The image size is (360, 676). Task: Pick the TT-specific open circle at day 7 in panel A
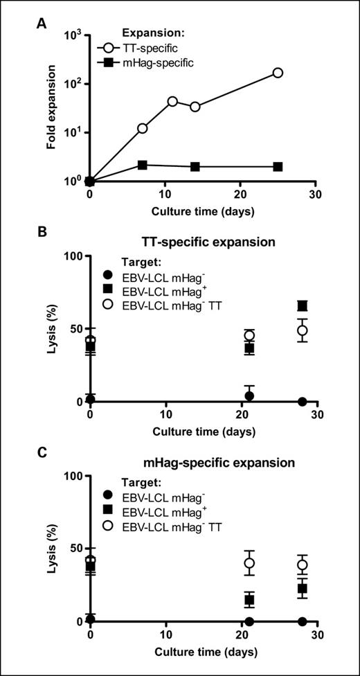[x=143, y=128]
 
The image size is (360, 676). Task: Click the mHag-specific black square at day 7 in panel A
[x=143, y=165]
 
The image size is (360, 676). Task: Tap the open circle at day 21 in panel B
[x=249, y=335]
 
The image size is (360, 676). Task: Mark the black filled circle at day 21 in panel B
[x=249, y=396]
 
